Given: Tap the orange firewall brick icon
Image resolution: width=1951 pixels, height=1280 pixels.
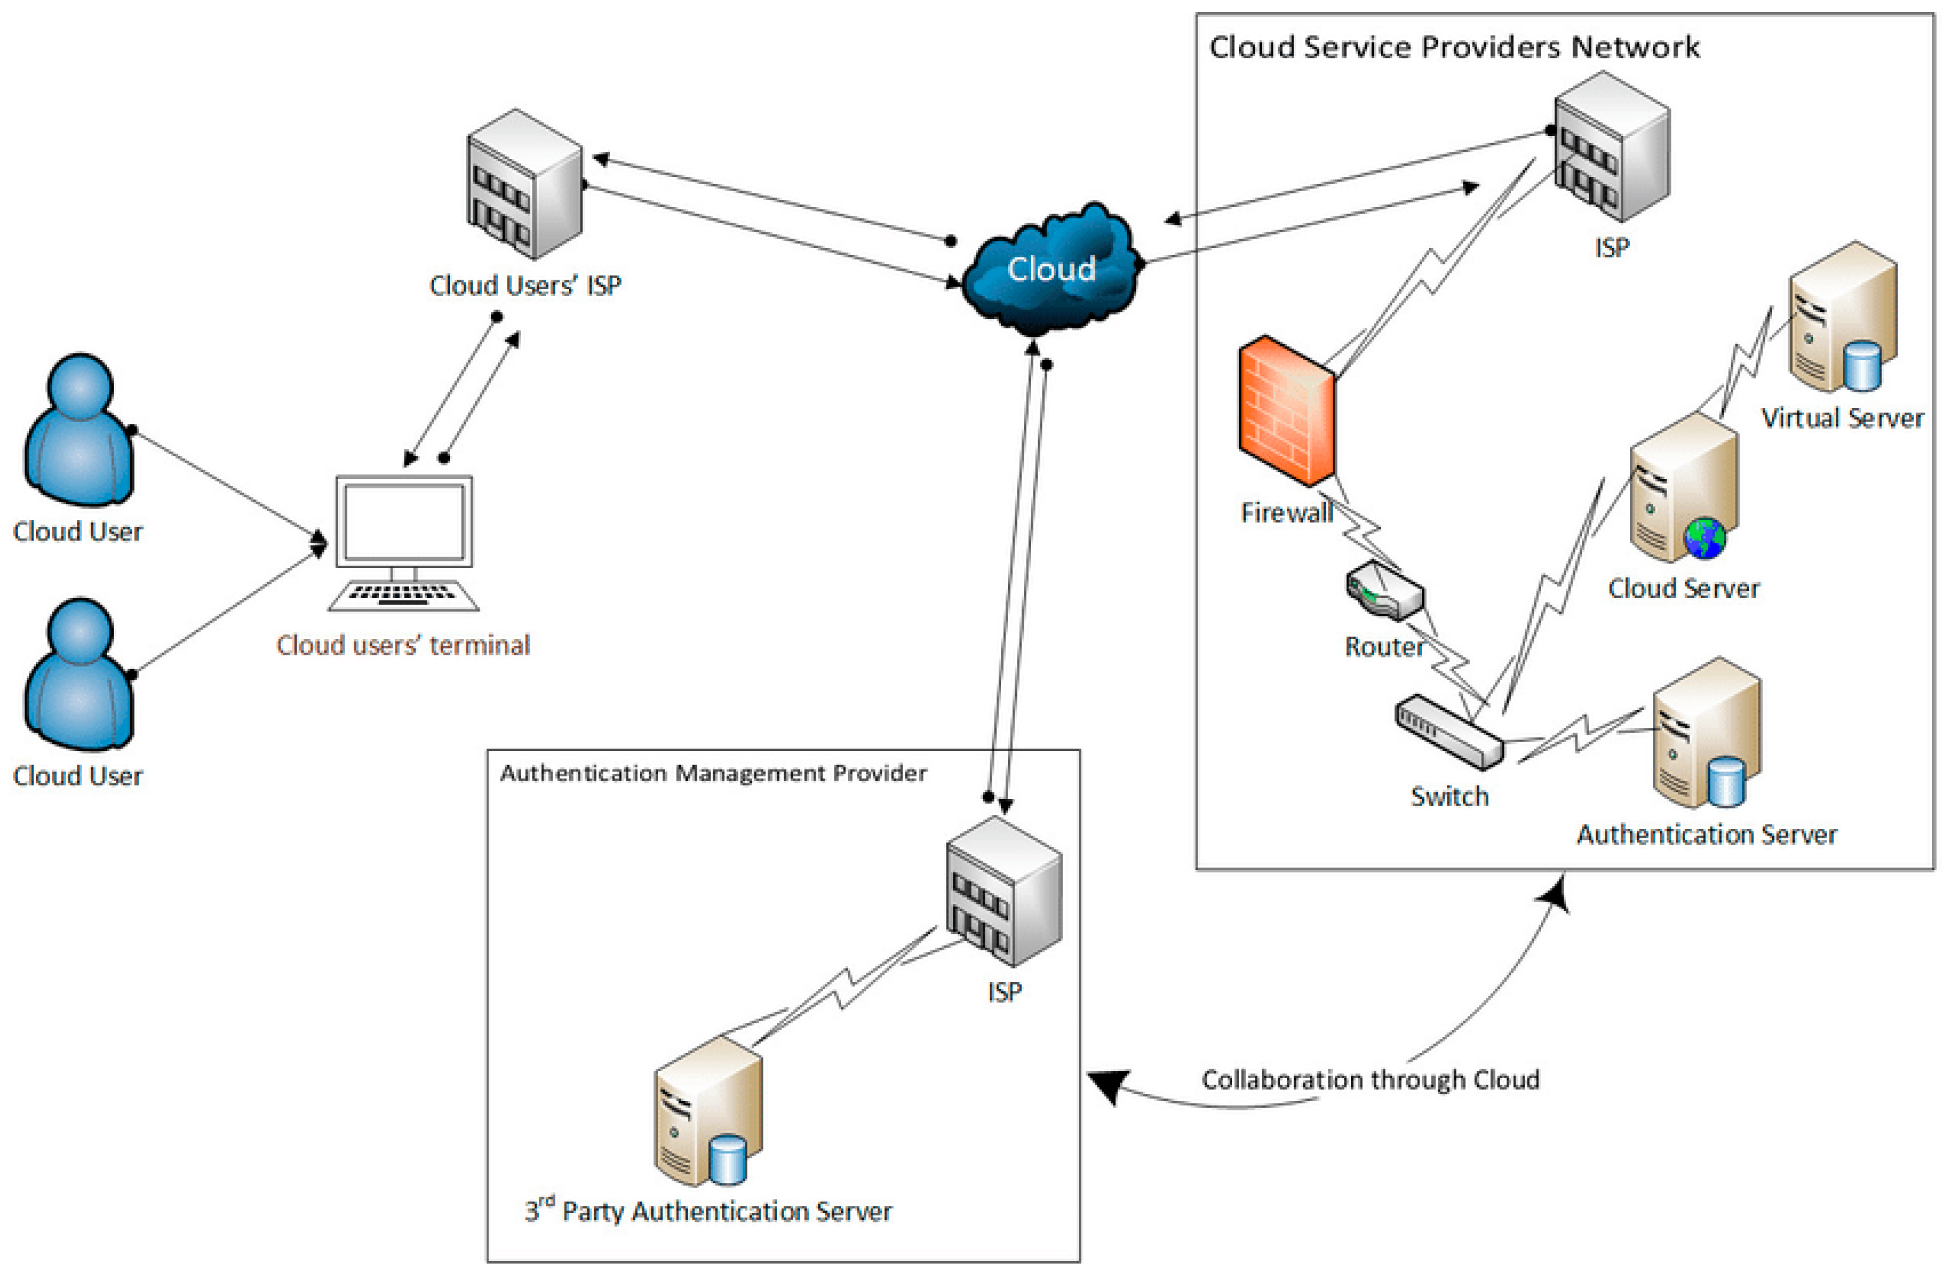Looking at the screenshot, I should [x=1285, y=410].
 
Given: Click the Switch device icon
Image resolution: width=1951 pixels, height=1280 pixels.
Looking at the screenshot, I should [x=1449, y=732].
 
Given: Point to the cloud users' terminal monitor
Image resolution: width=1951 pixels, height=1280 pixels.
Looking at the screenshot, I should [x=404, y=522].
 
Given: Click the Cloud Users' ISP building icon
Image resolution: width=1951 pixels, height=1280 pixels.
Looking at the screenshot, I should [x=525, y=184].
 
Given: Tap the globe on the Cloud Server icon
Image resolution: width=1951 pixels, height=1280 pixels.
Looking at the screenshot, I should [x=1704, y=538].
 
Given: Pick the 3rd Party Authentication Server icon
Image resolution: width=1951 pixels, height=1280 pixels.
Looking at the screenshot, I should [x=708, y=1112].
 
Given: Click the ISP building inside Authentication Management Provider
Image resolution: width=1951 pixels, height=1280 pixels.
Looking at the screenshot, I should [x=1004, y=891].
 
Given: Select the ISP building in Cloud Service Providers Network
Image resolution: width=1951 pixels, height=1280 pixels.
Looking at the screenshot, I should [x=1612, y=147].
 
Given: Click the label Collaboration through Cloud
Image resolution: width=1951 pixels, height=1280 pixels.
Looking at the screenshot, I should [x=1370, y=1080].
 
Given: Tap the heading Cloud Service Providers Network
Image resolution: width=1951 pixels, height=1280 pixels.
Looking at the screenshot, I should [x=1454, y=47].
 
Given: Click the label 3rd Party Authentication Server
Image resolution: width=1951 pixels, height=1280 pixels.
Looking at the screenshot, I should [x=708, y=1211].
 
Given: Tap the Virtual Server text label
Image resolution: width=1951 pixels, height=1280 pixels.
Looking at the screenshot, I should [x=1842, y=419].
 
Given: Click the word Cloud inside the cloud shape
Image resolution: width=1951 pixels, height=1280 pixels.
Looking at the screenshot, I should [x=1051, y=269].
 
